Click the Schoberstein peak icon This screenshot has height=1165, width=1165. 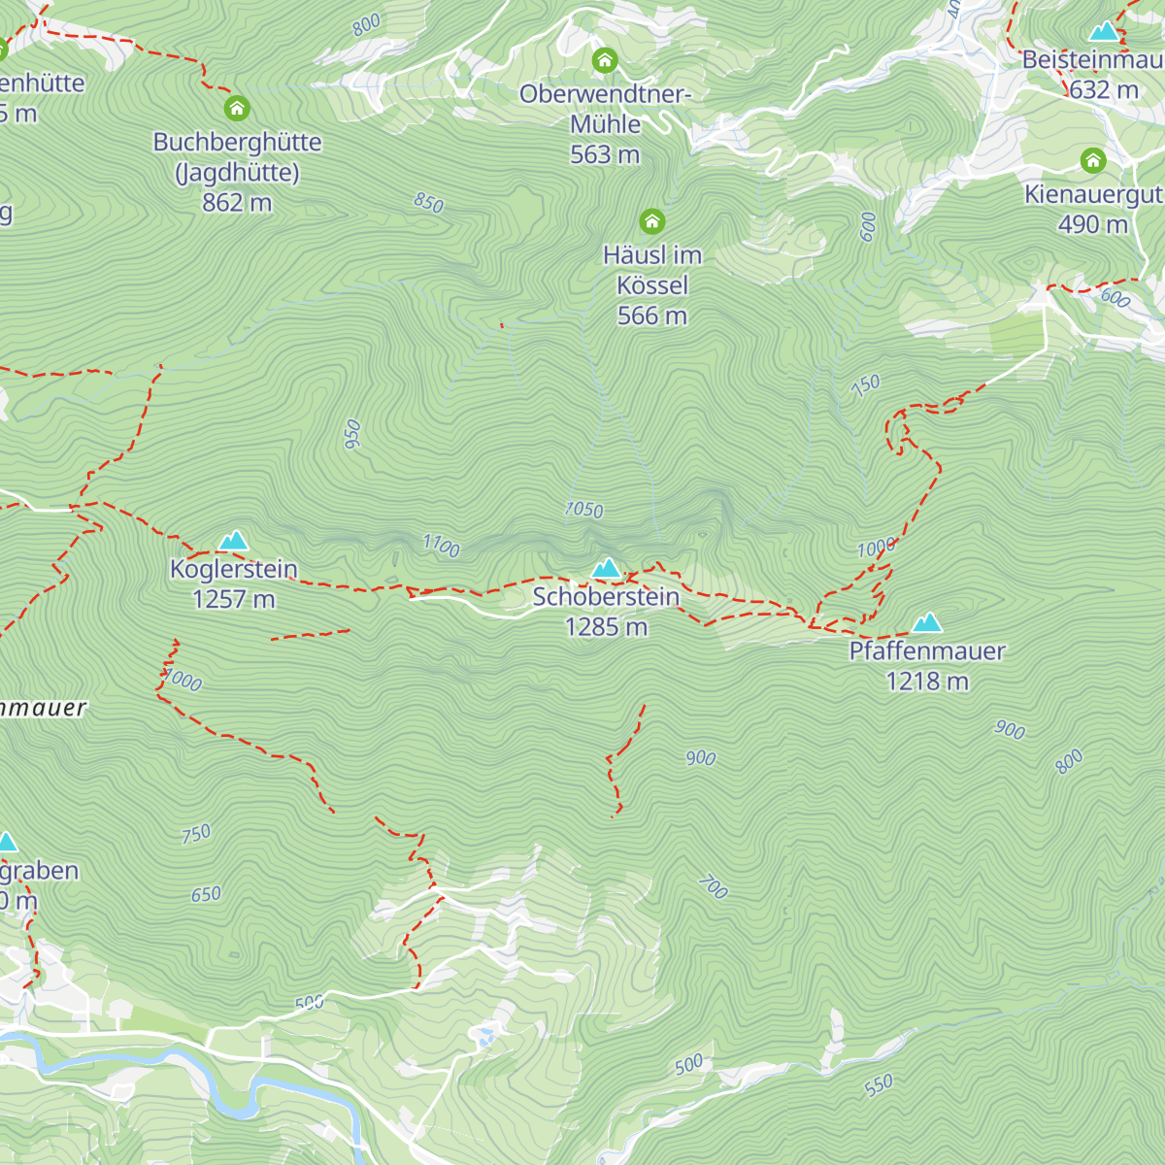pyautogui.click(x=606, y=568)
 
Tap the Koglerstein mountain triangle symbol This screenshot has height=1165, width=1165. pyautogui.click(x=233, y=541)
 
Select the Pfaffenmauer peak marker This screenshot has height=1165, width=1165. pyautogui.click(x=927, y=622)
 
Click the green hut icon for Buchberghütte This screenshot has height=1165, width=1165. pyautogui.click(x=237, y=109)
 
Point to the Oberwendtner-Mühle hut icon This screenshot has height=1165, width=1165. pyautogui.click(x=605, y=61)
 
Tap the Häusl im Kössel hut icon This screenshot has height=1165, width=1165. pyautogui.click(x=652, y=222)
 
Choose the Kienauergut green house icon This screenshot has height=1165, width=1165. pyautogui.click(x=1093, y=160)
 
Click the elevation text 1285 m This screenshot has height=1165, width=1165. pyautogui.click(x=606, y=627)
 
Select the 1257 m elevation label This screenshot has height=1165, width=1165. pyautogui.click(x=233, y=599)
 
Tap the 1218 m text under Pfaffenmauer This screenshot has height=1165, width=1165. pyautogui.click(x=927, y=682)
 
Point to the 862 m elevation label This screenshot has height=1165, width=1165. pyautogui.click(x=237, y=203)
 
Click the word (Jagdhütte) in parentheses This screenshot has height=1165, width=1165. pyautogui.click(x=237, y=173)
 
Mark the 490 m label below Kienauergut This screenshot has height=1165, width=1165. pyautogui.click(x=1093, y=224)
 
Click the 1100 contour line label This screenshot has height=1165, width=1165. pyautogui.click(x=441, y=546)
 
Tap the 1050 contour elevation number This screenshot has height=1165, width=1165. pyautogui.click(x=583, y=510)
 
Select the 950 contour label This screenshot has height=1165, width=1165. pyautogui.click(x=352, y=434)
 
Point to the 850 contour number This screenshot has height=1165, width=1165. pyautogui.click(x=428, y=203)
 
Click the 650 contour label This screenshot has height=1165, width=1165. pyautogui.click(x=206, y=894)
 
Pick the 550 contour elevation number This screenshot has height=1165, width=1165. pyautogui.click(x=879, y=1085)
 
